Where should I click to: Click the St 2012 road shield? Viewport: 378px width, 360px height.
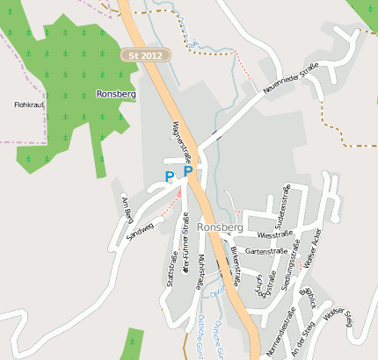click(x=144, y=55)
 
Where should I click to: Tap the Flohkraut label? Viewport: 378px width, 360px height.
click(x=29, y=104)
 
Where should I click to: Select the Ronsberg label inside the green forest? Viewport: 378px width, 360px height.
click(x=114, y=93)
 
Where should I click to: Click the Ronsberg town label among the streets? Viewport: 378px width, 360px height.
click(x=220, y=227)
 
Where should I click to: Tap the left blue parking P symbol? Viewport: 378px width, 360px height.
click(x=170, y=176)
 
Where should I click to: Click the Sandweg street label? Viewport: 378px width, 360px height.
click(x=140, y=231)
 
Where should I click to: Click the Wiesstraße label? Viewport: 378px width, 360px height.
click(x=273, y=235)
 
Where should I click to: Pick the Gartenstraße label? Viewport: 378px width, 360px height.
click(x=266, y=251)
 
